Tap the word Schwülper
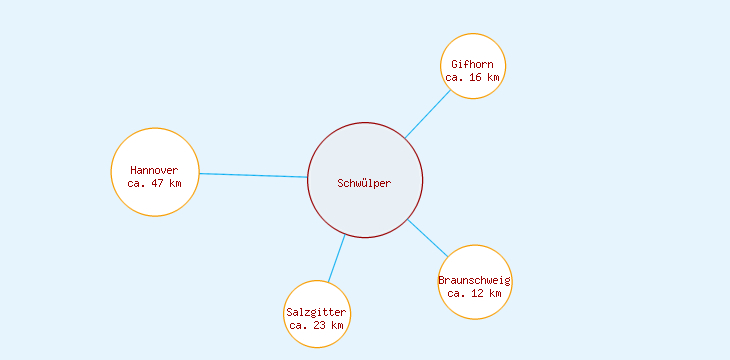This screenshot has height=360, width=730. click(x=365, y=183)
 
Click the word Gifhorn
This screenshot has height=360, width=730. click(x=472, y=65)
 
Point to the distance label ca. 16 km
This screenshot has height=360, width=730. click(x=472, y=77)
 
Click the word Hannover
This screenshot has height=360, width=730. click(x=154, y=170)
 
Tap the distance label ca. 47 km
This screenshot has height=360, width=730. click(x=155, y=183)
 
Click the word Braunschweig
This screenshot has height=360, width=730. click(x=475, y=280)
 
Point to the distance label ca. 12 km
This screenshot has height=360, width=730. click(x=475, y=293)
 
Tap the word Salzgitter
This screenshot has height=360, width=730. click(x=316, y=312)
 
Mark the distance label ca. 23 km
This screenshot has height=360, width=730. click(x=317, y=325)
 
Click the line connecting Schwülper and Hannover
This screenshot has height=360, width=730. click(x=253, y=175)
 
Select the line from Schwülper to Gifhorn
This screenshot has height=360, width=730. click(x=427, y=114)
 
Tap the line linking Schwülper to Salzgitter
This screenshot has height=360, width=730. click(x=336, y=258)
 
